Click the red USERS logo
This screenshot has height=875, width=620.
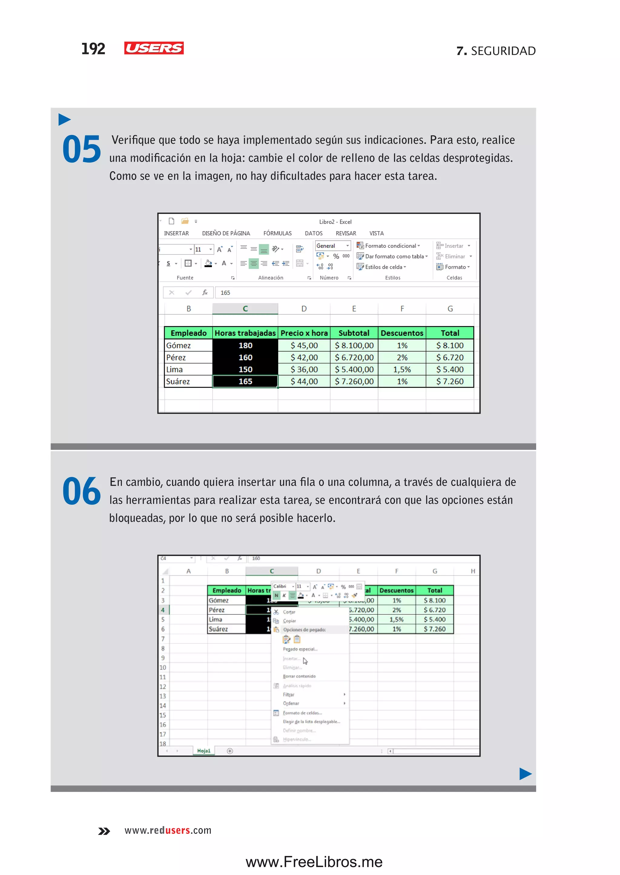154,48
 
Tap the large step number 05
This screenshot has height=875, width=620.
82,149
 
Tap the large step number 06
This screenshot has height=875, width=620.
82,491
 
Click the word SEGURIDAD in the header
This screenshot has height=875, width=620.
503,51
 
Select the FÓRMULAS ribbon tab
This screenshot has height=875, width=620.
277,233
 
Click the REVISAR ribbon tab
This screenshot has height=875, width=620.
345,233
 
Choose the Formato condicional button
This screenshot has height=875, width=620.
390,246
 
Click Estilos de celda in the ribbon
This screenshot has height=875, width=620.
383,267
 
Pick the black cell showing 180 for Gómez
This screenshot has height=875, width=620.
245,345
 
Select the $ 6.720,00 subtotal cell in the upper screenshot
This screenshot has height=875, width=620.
354,358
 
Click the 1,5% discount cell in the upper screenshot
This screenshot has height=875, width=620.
402,369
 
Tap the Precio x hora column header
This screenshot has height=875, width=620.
304,333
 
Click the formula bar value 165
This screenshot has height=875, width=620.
225,293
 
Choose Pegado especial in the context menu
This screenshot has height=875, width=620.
300,649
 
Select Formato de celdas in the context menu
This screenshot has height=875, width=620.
302,713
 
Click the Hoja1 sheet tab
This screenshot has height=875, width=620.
203,751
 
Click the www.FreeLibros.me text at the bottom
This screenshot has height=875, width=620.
314,862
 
